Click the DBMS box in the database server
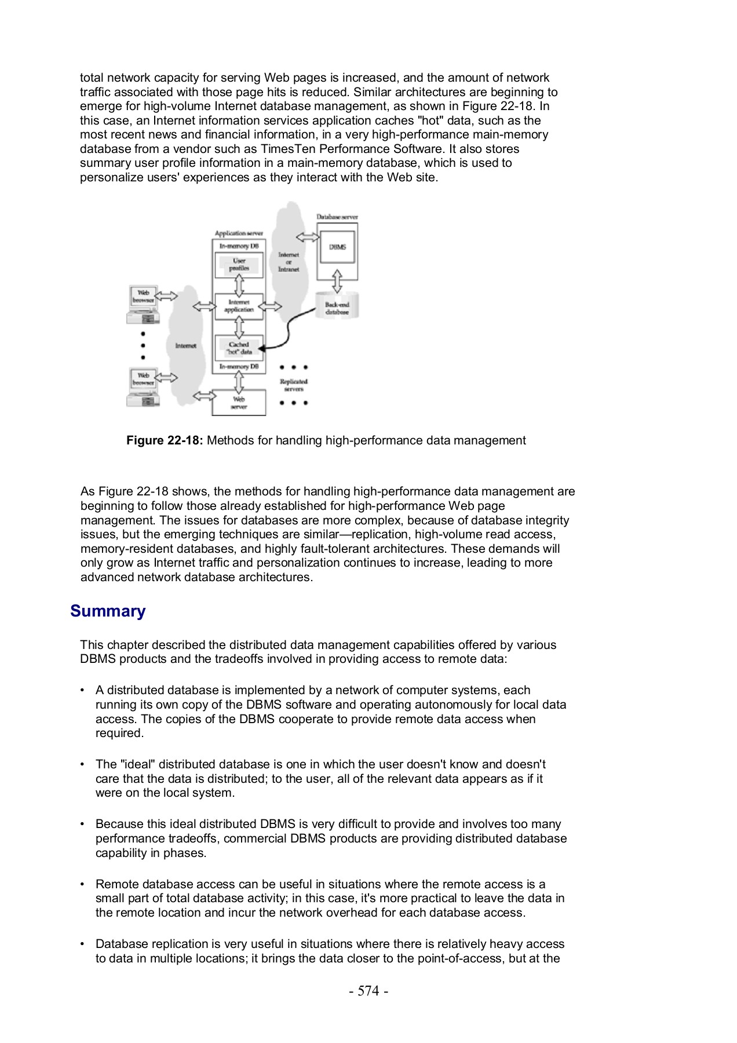(x=338, y=247)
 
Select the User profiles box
(x=239, y=265)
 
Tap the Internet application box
(x=239, y=306)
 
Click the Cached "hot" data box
(x=239, y=348)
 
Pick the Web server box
(x=239, y=403)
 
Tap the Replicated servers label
(x=294, y=385)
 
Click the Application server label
(x=239, y=234)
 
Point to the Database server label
(x=337, y=217)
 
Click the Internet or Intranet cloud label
(x=289, y=262)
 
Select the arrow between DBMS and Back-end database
(x=337, y=281)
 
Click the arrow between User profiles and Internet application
(x=239, y=286)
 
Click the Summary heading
(x=108, y=611)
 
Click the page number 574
(x=368, y=991)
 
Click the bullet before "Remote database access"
(x=83, y=884)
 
